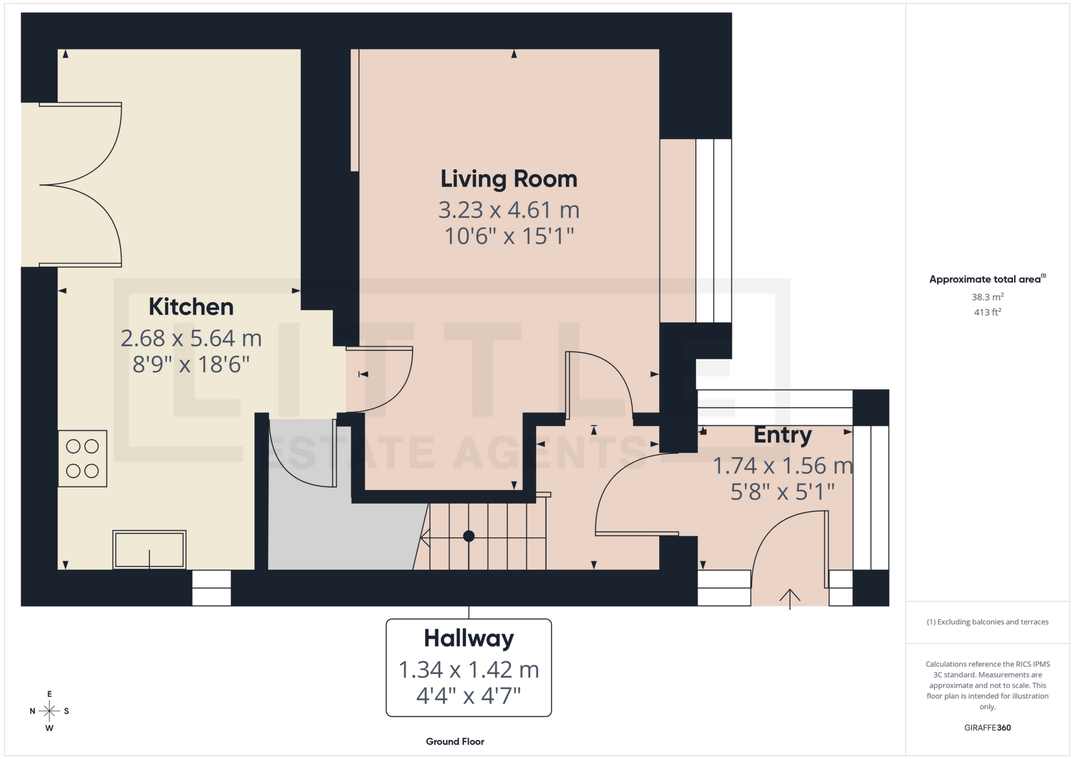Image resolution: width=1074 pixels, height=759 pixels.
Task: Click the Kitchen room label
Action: click(191, 307)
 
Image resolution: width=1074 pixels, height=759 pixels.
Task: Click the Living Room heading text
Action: click(508, 179)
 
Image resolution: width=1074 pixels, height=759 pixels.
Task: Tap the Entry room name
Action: click(782, 435)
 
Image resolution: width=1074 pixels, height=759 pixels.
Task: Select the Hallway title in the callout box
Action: click(468, 638)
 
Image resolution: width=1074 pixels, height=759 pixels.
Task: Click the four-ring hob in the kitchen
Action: click(82, 458)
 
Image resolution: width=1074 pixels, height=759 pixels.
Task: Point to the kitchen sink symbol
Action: click(149, 550)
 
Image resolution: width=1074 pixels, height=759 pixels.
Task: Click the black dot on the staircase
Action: click(469, 537)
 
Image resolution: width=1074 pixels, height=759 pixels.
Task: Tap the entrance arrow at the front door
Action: click(789, 599)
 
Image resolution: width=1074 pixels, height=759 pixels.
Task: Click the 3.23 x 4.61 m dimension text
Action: click(508, 210)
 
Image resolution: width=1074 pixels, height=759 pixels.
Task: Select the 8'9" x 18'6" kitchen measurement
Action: click(191, 364)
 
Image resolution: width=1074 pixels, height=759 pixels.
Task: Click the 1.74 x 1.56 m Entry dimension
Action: click(782, 466)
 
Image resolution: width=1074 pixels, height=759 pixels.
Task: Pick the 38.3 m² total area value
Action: click(987, 297)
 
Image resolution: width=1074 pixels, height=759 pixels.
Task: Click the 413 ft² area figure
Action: click(987, 312)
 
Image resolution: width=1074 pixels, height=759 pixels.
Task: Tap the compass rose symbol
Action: click(49, 711)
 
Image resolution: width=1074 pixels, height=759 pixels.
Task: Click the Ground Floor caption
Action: click(455, 742)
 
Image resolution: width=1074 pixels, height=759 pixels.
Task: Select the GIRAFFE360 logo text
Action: click(987, 728)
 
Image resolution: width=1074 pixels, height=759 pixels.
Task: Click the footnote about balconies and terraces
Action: click(987, 622)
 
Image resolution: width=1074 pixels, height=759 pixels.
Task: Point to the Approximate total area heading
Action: click(986, 279)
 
